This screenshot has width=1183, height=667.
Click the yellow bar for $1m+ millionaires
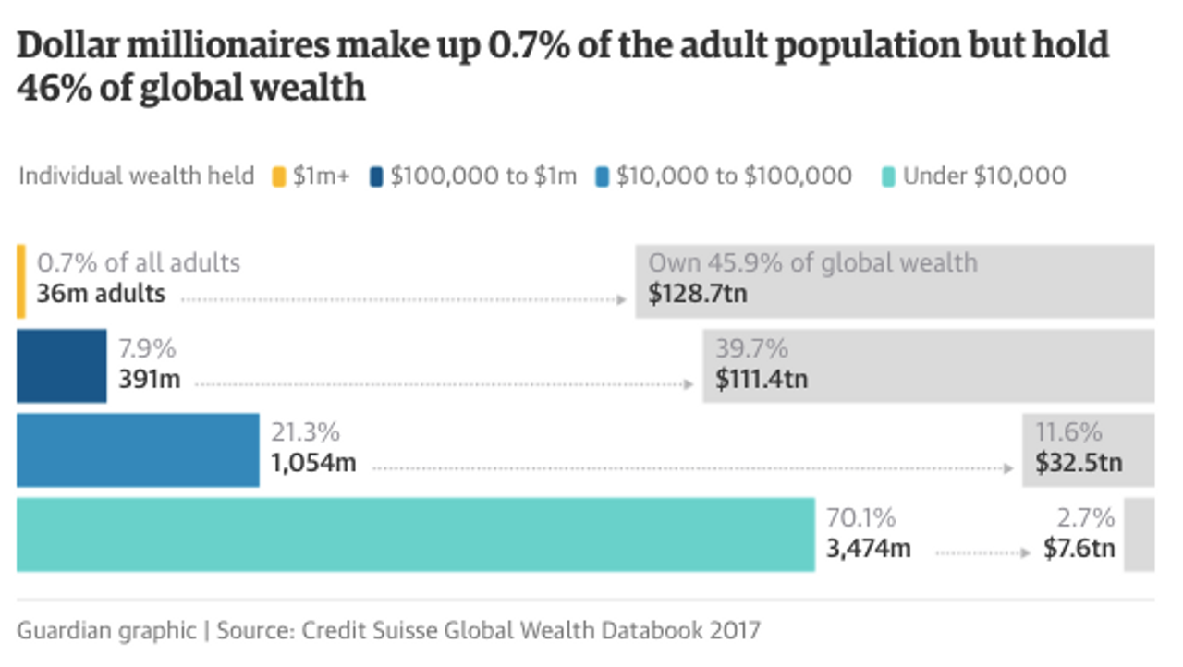pos(20,282)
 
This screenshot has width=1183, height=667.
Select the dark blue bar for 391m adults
pos(61,366)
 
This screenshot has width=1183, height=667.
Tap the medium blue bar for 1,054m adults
pos(138,450)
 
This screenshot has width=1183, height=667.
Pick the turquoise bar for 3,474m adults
pos(415,535)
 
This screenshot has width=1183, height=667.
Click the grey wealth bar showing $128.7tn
pos(894,282)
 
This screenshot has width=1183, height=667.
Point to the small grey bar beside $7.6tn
pos(1139,535)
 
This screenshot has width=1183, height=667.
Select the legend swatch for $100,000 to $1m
pos(376,176)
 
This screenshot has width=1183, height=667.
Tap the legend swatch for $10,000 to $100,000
pos(602,176)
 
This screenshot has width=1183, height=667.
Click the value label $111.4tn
pos(762,379)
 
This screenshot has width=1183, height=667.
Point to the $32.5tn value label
pos(1079,463)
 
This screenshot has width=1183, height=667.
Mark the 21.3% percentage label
pos(305,432)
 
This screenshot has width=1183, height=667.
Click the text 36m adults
pos(102,295)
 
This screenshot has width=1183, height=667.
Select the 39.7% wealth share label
pos(751,349)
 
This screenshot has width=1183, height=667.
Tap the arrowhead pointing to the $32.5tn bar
pos(1008,468)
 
